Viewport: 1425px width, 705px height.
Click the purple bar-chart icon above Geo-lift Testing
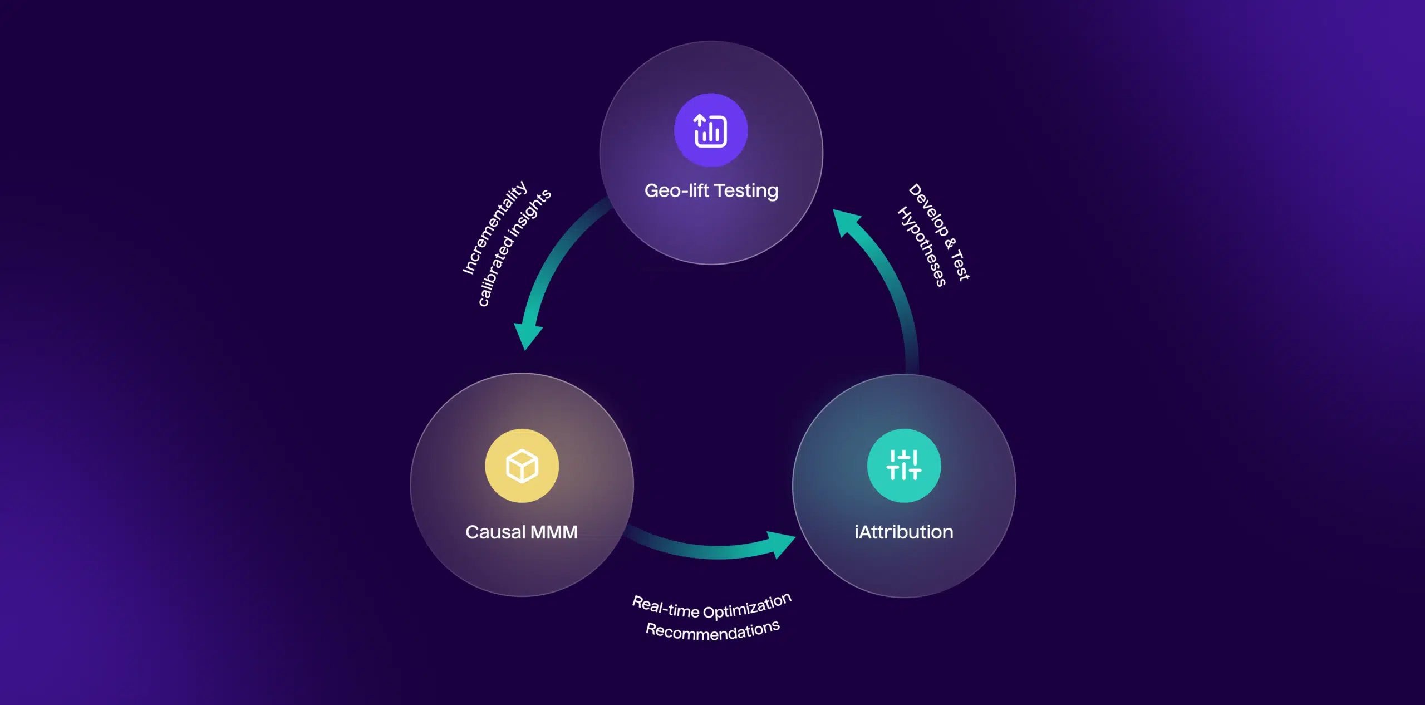[710, 130]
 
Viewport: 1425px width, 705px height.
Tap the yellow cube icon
[522, 466]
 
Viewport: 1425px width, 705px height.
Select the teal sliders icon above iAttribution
[903, 466]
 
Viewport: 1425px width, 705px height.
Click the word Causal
[495, 532]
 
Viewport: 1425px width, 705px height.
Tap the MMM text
[554, 532]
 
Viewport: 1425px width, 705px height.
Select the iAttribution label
[903, 532]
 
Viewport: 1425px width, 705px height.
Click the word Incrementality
[494, 227]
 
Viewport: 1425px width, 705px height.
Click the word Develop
[928, 209]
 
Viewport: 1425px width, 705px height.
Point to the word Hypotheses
[922, 246]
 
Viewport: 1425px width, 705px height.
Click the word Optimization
[747, 606]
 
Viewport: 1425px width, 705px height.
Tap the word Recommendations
[712, 631]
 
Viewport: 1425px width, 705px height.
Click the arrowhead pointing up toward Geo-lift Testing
[846, 222]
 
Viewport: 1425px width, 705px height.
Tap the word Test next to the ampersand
[961, 266]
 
